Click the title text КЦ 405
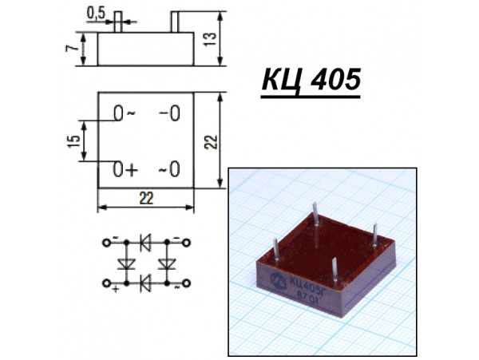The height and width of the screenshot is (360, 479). pos(311,81)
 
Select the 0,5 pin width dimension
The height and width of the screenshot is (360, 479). pos(96,14)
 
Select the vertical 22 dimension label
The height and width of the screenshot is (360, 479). pos(209,140)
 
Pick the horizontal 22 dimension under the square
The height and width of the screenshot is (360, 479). pos(146,198)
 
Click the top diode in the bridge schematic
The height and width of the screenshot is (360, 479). pos(145,239)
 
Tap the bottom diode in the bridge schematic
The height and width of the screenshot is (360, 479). pos(145,282)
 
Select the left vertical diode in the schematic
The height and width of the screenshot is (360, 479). pos(124,262)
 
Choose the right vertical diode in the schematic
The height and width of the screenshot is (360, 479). pos(168,262)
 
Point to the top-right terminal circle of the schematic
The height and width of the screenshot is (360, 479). pos(187,239)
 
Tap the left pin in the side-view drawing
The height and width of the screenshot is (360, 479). pos(117,21)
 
